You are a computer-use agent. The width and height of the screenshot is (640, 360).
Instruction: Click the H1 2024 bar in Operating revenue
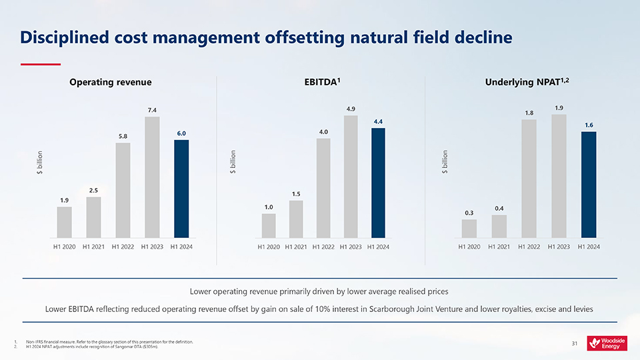[x=181, y=188]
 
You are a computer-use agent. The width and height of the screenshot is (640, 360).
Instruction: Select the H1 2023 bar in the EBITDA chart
[x=351, y=177]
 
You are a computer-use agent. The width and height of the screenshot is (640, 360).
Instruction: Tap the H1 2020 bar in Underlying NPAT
[x=469, y=228]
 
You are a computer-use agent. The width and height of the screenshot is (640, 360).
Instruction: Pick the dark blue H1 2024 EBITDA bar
[x=378, y=183]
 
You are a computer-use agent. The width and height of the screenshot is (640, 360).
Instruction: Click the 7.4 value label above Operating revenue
[x=152, y=109]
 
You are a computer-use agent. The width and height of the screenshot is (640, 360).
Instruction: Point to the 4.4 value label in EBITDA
[x=378, y=121]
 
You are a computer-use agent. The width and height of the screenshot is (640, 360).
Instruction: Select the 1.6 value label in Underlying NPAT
[x=589, y=125]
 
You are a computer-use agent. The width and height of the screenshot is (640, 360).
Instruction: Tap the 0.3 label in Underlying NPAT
[x=469, y=213]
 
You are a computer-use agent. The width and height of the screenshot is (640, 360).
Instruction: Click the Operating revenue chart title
[x=111, y=82]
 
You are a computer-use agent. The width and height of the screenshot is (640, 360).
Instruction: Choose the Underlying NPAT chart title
[x=529, y=82]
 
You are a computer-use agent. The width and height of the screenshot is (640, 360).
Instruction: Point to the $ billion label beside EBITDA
[x=233, y=163]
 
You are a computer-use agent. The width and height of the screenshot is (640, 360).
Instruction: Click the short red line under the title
[x=41, y=65]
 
